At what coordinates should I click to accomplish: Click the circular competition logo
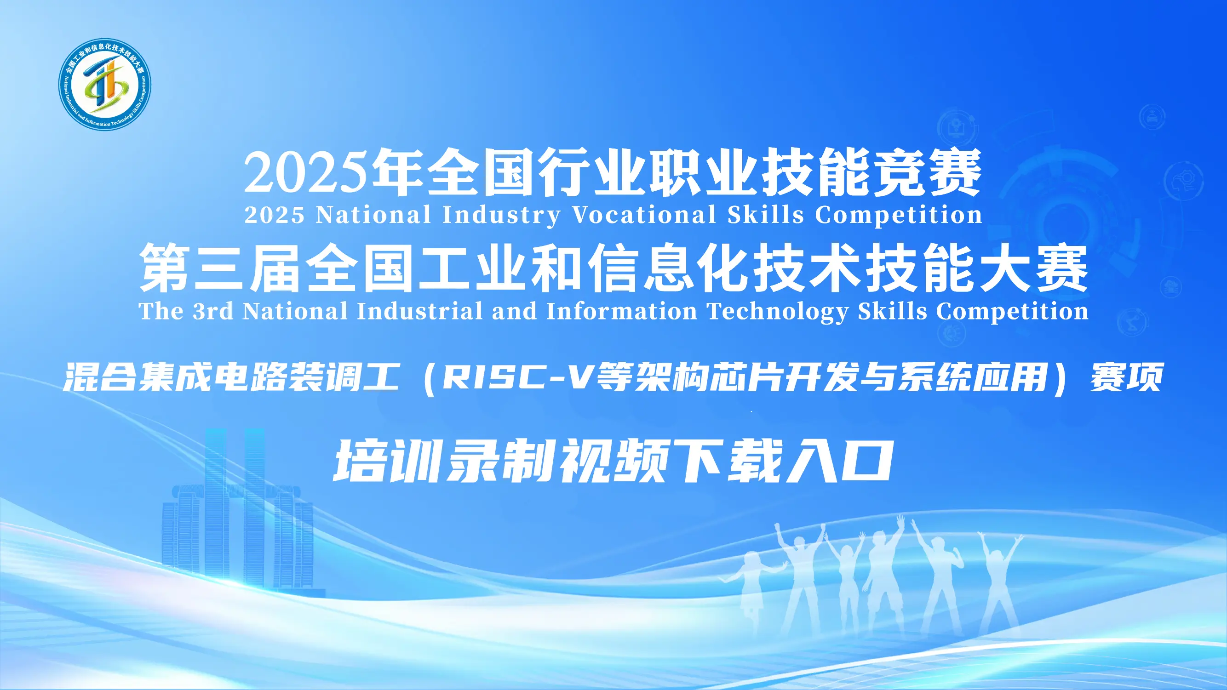105,84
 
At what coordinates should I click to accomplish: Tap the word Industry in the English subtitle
502,216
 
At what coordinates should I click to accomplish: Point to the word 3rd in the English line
213,311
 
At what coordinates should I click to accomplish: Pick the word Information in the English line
622,311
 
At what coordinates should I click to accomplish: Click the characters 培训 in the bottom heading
388,461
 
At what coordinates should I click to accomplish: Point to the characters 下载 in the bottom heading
728,461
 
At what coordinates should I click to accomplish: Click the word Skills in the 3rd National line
893,311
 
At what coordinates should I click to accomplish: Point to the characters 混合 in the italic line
99,376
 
